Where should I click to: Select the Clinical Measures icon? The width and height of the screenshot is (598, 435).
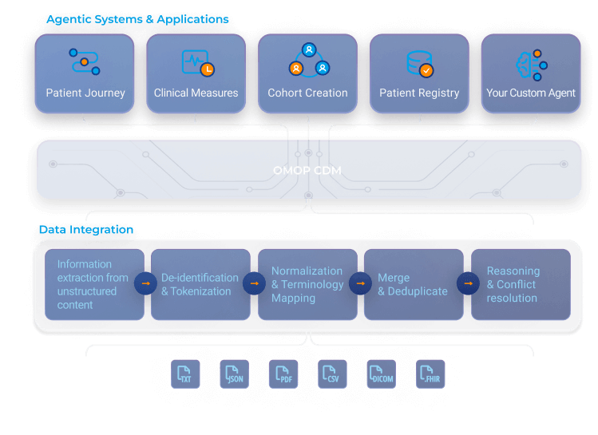[x=196, y=63]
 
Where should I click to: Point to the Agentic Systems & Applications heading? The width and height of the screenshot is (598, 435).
[x=137, y=19]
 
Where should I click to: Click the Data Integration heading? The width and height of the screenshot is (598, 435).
[x=86, y=230]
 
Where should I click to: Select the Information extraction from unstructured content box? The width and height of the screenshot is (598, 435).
[x=93, y=284]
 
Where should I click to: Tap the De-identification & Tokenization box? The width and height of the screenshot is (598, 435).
[x=200, y=284]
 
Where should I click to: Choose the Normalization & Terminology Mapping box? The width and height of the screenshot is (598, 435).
[x=307, y=284]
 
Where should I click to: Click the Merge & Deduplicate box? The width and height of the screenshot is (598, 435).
[x=413, y=284]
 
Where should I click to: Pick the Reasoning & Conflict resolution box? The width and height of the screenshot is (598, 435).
[x=521, y=284]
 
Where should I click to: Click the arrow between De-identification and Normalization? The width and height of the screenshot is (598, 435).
[x=254, y=283]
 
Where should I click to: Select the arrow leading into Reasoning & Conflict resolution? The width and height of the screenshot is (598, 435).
[x=467, y=283]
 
